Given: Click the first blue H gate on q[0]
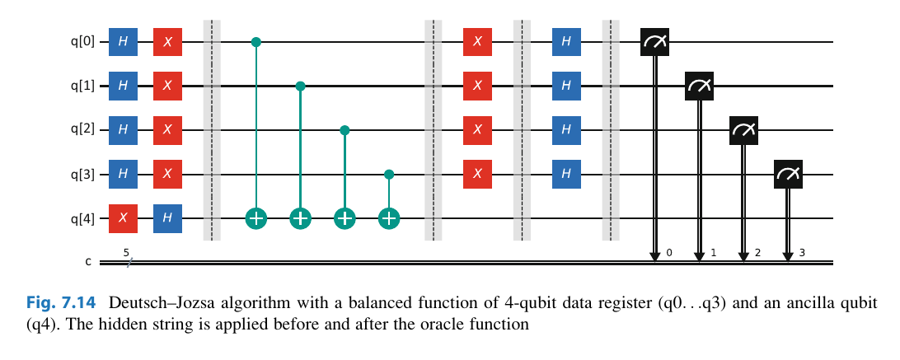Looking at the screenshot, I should click(x=124, y=41).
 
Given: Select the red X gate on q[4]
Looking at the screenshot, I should click(x=124, y=218).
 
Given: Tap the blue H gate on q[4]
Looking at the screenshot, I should click(x=168, y=218).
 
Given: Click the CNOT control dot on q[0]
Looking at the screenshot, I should click(x=256, y=41).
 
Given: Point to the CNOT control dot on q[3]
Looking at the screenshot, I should click(x=389, y=175).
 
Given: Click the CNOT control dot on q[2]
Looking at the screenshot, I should click(x=345, y=130).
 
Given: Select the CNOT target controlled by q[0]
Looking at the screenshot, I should click(x=256, y=218).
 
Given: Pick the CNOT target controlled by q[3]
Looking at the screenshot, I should click(x=389, y=218).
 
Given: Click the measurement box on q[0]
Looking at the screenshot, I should click(x=655, y=41).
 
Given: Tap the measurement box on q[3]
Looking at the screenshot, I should click(x=788, y=175).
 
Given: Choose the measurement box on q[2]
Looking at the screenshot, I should click(x=743, y=130).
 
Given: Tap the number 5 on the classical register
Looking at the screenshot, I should click(x=126, y=253).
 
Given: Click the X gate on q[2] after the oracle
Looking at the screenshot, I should click(x=478, y=130).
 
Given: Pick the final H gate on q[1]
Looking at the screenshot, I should click(x=566, y=86).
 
